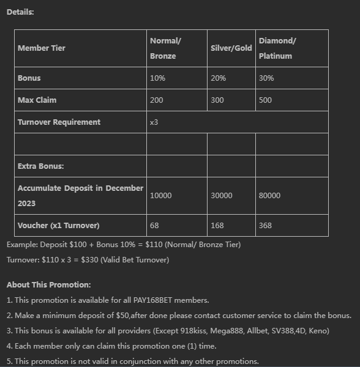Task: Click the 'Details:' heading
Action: (x=20, y=12)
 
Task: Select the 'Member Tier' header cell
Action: (x=42, y=48)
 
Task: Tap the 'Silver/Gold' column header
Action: (x=231, y=48)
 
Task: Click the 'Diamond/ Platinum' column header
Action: (x=277, y=48)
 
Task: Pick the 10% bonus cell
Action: (x=157, y=78)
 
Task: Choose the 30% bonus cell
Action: (x=266, y=78)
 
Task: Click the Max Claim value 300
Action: (x=218, y=100)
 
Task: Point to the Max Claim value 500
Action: (x=265, y=100)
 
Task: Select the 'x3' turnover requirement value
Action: (x=154, y=122)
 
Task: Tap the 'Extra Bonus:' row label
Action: (x=41, y=166)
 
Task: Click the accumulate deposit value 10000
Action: (x=161, y=196)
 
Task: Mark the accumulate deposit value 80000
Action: (x=269, y=196)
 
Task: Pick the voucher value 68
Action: (x=154, y=226)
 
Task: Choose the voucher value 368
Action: (x=265, y=226)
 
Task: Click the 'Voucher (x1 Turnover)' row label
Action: (x=59, y=226)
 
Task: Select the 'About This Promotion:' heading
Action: (x=48, y=285)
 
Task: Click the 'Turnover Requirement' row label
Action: (x=59, y=122)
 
